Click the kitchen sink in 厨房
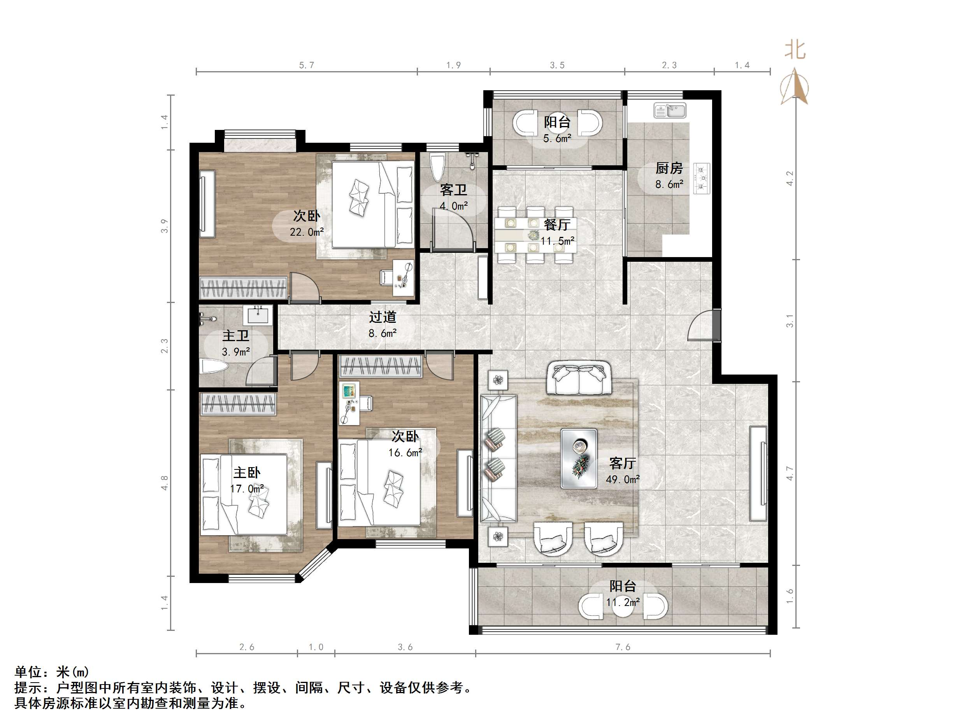[x=670, y=110]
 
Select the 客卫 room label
[x=453, y=190]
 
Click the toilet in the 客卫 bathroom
[x=437, y=166]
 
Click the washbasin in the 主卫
[x=258, y=314]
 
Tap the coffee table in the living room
[x=579, y=458]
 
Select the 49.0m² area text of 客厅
[x=623, y=480]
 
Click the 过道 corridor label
[x=383, y=317]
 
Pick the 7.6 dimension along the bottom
[x=623, y=647]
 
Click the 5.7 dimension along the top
[x=307, y=65]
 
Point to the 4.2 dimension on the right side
[x=790, y=178]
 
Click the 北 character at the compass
[x=794, y=50]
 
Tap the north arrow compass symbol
[x=794, y=88]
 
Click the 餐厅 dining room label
[x=557, y=225]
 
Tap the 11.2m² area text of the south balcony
[x=623, y=602]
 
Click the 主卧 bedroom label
[x=247, y=473]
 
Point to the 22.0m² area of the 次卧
[x=307, y=232]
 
